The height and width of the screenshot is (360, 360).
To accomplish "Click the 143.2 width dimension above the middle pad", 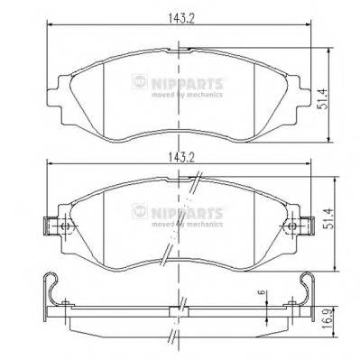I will click(180, 156).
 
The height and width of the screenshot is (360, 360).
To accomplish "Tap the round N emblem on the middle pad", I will click(138, 210).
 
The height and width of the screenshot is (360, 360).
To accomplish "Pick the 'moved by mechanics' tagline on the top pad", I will click(186, 93).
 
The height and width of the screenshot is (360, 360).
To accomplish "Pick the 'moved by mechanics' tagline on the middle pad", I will click(186, 221).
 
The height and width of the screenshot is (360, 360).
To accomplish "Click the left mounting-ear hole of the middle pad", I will click(63, 227).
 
